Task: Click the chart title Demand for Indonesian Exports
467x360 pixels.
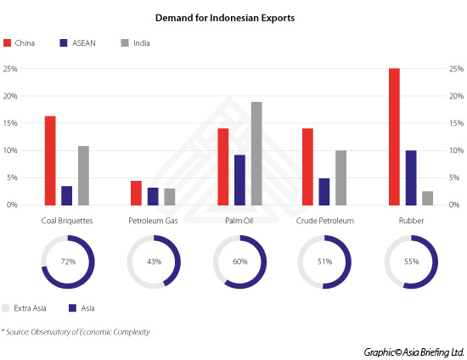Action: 233,16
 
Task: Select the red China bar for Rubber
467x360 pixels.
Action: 394,137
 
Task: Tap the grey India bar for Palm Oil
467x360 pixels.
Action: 256,154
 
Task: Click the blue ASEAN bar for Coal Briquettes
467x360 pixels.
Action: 67,195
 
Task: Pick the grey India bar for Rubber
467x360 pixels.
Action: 427,198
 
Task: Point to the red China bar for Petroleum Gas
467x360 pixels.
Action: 136,193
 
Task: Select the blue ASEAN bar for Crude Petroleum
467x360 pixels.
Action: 324,191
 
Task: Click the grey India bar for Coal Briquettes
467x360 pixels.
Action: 83,175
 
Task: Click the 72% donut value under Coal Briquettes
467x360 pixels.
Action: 67,262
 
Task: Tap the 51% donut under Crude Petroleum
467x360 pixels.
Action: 324,262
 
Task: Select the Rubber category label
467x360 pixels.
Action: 410,221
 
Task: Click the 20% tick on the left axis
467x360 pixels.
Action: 12,96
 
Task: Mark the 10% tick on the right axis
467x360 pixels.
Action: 454,150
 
